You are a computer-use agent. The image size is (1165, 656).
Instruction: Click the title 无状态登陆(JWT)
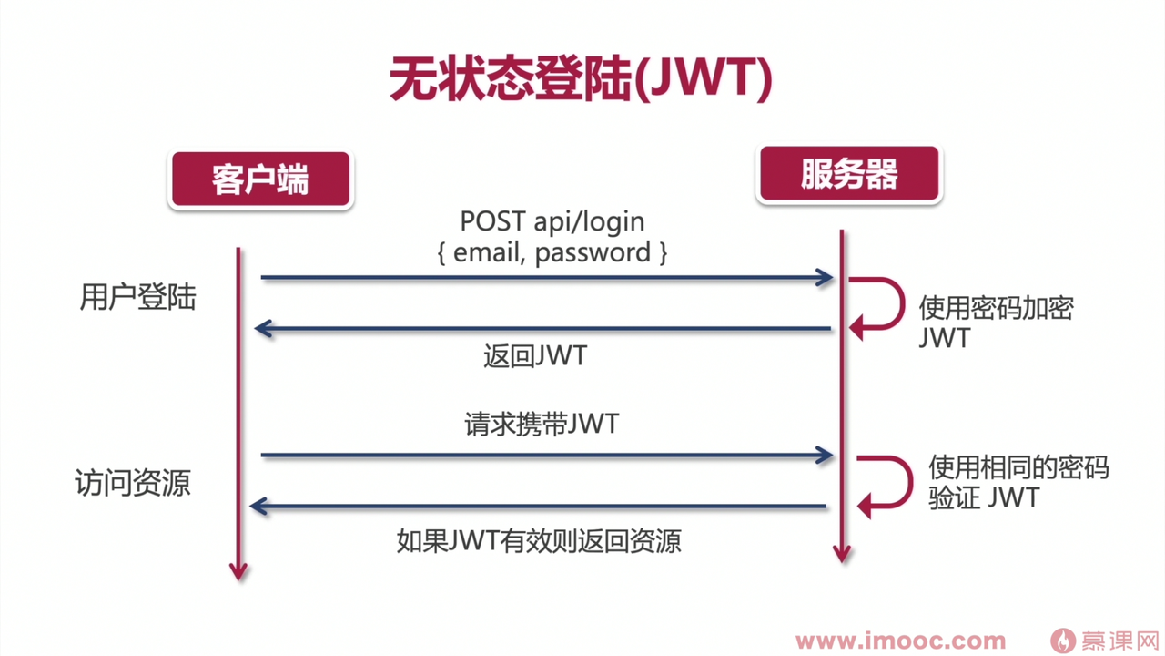tap(581, 80)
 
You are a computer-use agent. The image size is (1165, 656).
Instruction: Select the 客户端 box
tap(260, 179)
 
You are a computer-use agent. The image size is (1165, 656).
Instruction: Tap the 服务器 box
tap(848, 173)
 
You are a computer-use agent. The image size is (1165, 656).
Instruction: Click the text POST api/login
tap(552, 220)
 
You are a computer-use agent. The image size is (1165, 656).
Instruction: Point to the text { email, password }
tap(552, 251)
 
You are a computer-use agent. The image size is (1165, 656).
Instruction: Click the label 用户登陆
tap(137, 297)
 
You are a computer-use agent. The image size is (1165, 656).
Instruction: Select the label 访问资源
tap(133, 482)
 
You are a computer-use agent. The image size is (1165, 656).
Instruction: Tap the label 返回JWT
tap(535, 355)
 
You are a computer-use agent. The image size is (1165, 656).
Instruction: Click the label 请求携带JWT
tap(542, 424)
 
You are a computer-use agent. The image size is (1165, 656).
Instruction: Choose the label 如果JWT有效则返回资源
tap(539, 541)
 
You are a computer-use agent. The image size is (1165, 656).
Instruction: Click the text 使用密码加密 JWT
tap(996, 322)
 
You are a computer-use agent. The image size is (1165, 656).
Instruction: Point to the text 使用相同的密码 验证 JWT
tap(1018, 482)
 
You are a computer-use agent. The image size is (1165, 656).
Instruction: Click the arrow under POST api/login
tap(546, 277)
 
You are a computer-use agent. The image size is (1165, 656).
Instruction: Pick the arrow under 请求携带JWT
tap(546, 455)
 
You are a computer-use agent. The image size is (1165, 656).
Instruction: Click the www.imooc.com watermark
tap(901, 641)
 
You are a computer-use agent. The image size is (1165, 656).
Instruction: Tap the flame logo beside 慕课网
tap(1062, 641)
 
